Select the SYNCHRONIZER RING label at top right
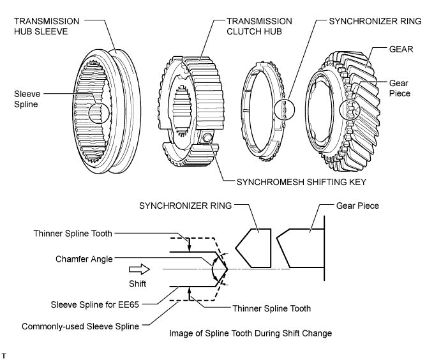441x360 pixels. pyautogui.click(x=375, y=20)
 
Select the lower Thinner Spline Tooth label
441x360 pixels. pyautogui.click(x=271, y=308)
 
